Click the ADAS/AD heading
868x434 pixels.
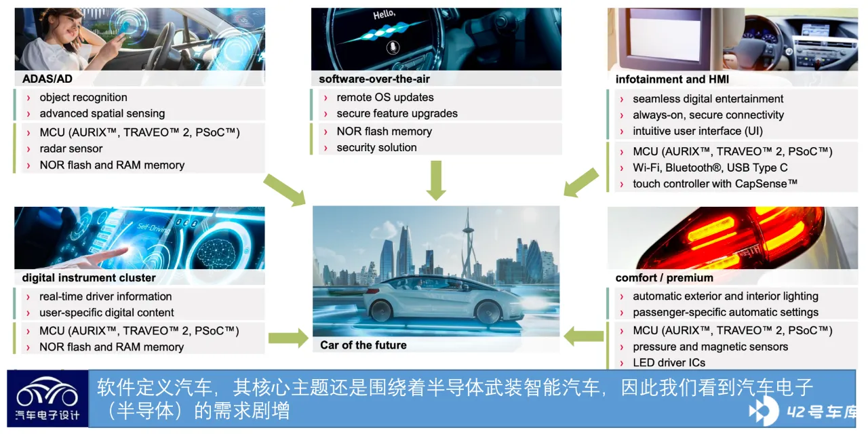[47, 79]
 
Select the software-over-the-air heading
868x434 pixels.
[374, 79]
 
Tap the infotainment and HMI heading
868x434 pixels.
[672, 79]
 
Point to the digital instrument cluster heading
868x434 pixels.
[89, 278]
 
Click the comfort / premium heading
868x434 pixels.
[664, 278]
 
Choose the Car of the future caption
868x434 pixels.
[363, 345]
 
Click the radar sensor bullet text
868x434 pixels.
[71, 149]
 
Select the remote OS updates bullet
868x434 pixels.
[384, 97]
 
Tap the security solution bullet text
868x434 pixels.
[376, 148]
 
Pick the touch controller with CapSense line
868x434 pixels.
[715, 183]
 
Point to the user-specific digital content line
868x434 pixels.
[106, 313]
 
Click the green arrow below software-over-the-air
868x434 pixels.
[436, 180]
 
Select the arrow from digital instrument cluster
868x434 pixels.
[288, 338]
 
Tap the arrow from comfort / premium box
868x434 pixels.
[584, 336]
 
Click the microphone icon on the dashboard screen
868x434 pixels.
[393, 47]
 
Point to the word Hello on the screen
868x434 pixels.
[384, 14]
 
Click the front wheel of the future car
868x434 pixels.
[489, 312]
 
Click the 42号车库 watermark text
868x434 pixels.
[821, 412]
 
